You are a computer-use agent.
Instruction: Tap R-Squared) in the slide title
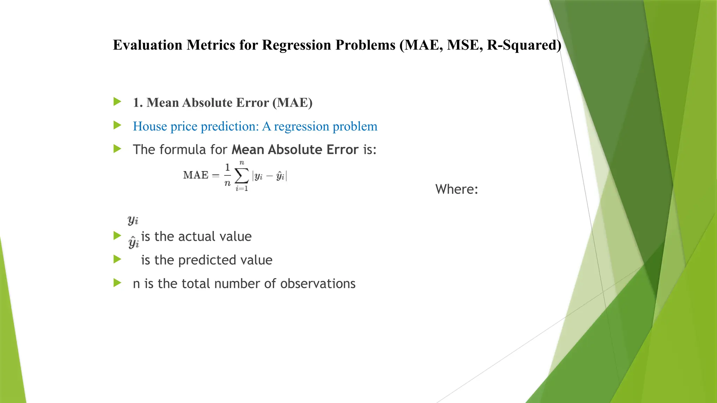point(524,45)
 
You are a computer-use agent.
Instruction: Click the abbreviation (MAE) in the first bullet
point(292,103)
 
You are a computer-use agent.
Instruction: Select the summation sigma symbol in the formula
point(242,175)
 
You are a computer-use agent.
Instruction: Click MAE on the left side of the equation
point(196,175)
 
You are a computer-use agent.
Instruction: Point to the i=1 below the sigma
point(242,189)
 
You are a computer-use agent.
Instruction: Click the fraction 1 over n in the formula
point(228,175)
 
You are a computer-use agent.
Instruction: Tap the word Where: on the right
point(457,189)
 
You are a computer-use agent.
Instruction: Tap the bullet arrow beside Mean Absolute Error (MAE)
point(117,102)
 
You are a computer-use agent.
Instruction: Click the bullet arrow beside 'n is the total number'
point(117,283)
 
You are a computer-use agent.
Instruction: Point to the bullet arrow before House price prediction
point(117,125)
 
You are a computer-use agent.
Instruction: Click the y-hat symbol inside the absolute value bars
point(280,176)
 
